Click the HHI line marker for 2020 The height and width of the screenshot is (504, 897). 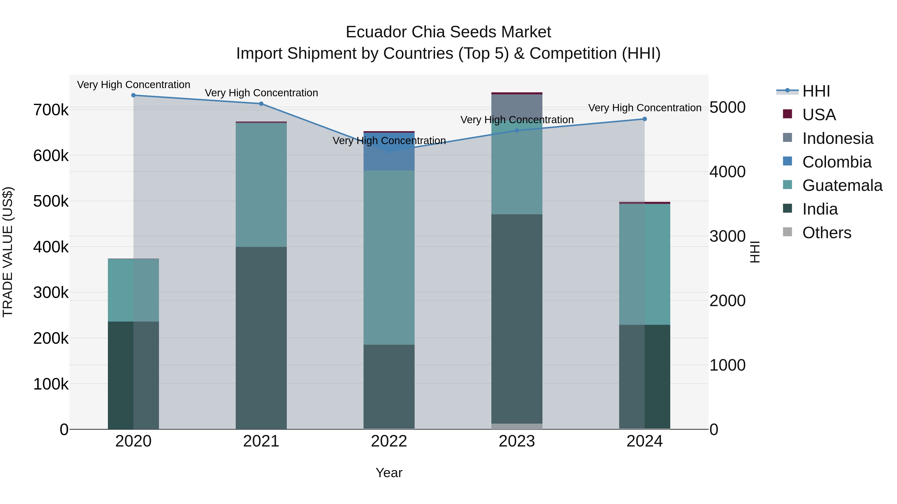coord(133,95)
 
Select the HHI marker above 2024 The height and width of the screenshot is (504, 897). coord(645,119)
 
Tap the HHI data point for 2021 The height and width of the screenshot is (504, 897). coord(261,104)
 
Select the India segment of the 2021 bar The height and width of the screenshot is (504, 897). coord(261,337)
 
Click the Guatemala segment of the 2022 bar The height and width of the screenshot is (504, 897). coord(389,257)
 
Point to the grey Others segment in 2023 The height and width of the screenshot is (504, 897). coord(517,426)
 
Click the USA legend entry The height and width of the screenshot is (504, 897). coord(819,115)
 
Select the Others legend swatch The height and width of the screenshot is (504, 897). coord(787,232)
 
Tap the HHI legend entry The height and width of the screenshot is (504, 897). coord(816,91)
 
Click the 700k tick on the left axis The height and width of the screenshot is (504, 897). coord(51,110)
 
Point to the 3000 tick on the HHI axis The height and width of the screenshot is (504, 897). coord(727,236)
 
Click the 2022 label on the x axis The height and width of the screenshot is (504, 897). coord(389,441)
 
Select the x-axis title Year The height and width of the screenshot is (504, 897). coord(389,473)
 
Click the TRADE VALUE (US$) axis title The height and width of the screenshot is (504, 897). coord(8,252)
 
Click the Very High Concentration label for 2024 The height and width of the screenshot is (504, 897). coord(645,108)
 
